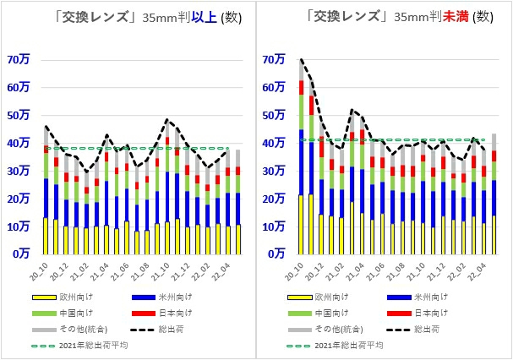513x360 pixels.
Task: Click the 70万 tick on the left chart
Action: [x=18, y=59]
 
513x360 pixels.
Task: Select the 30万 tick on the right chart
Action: [x=274, y=171]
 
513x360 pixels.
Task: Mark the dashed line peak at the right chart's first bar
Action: [x=302, y=60]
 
